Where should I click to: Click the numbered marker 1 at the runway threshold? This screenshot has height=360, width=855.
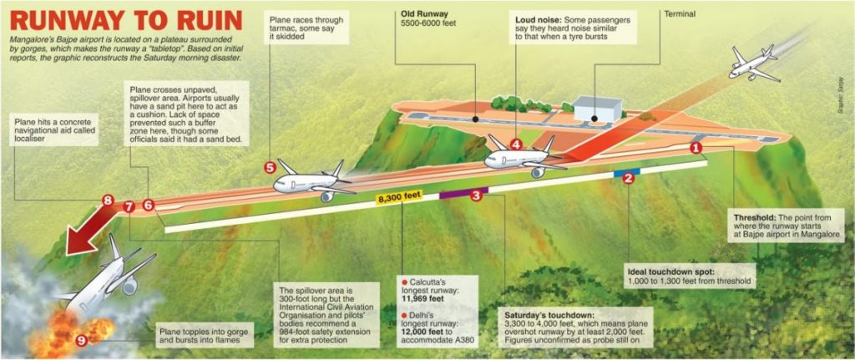tap(696, 147)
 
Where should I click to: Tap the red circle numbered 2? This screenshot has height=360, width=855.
tap(628, 179)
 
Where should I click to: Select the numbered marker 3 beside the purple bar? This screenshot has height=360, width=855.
tap(475, 195)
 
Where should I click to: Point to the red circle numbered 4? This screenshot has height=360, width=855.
tap(516, 145)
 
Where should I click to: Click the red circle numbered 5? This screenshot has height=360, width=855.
tap(270, 167)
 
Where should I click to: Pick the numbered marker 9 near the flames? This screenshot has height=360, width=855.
tap(81, 341)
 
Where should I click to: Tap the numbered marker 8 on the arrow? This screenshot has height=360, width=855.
tap(108, 200)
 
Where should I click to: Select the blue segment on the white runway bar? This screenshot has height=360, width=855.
tap(626, 172)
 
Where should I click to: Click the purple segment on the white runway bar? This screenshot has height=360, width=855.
tap(463, 191)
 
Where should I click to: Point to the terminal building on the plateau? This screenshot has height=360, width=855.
tap(598, 109)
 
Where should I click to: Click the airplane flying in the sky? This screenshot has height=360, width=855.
tap(755, 63)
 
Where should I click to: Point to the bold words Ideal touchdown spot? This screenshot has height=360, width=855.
tap(662, 271)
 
